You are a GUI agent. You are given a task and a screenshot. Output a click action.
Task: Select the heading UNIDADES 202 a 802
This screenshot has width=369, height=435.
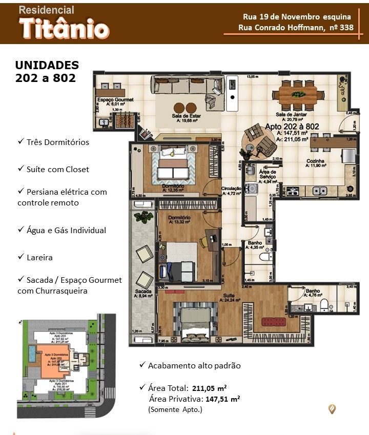coord(47,72)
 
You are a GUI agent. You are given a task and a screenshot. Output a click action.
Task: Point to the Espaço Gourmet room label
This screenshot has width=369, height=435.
coord(115,99)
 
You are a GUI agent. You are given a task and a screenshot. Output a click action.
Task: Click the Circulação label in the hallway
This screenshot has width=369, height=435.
coord(231,189)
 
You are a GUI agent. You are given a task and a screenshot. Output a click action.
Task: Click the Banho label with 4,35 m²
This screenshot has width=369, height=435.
coord(255,243)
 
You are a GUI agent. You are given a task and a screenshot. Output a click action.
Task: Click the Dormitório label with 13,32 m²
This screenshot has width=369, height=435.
coord(179,218)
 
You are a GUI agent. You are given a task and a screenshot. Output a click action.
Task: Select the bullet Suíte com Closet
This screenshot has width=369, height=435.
coord(57,169)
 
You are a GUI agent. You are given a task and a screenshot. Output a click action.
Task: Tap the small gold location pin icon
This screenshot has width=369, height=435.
coord(332,408)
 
